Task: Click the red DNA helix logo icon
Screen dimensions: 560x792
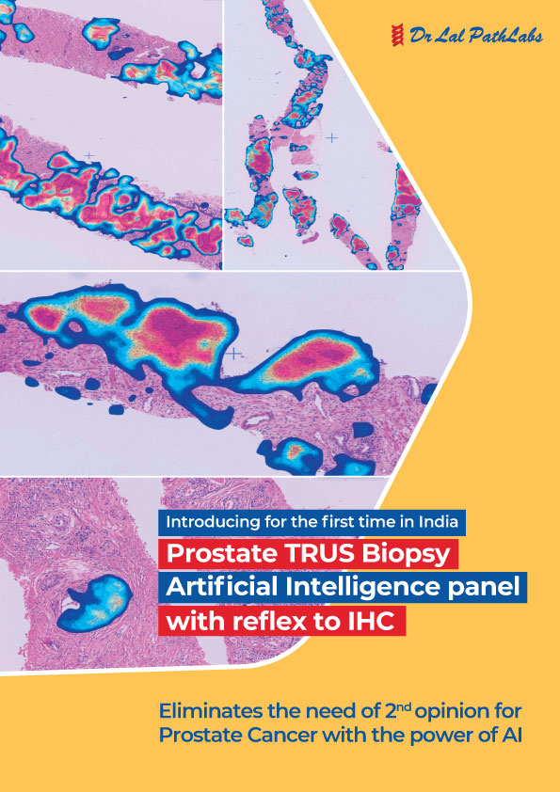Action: point(398,36)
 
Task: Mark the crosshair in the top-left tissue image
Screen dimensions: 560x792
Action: point(89,156)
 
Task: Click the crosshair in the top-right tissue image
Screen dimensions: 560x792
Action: point(331,137)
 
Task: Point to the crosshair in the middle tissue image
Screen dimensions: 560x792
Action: point(233,353)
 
